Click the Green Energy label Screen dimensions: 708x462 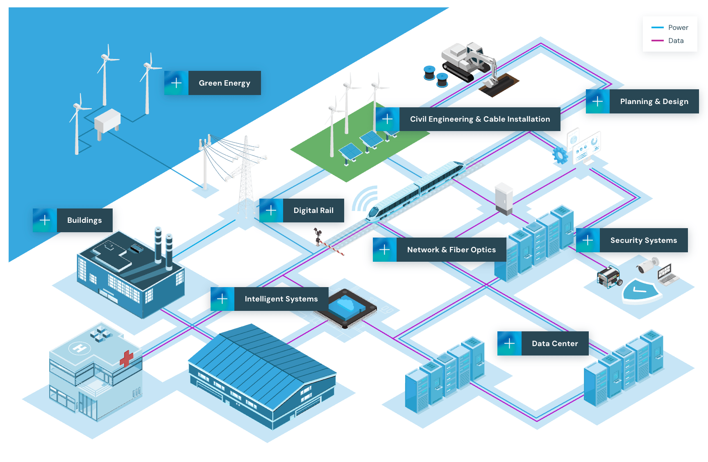point(225,83)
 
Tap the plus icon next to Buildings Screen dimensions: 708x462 point(45,220)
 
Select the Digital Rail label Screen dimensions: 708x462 point(313,211)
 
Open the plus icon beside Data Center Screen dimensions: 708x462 point(509,343)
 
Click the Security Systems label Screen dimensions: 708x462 point(644,240)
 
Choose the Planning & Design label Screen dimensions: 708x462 point(654,102)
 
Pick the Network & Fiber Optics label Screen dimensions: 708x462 point(452,250)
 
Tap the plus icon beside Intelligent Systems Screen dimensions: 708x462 point(222,299)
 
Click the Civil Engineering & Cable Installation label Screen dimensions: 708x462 point(480,119)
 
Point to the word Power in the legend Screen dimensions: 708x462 point(678,27)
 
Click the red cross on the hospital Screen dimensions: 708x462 point(126,358)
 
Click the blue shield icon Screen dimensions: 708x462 point(640,290)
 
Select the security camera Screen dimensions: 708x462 point(647,265)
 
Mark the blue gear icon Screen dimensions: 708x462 point(560,155)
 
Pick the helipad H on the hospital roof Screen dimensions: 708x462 point(79,349)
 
